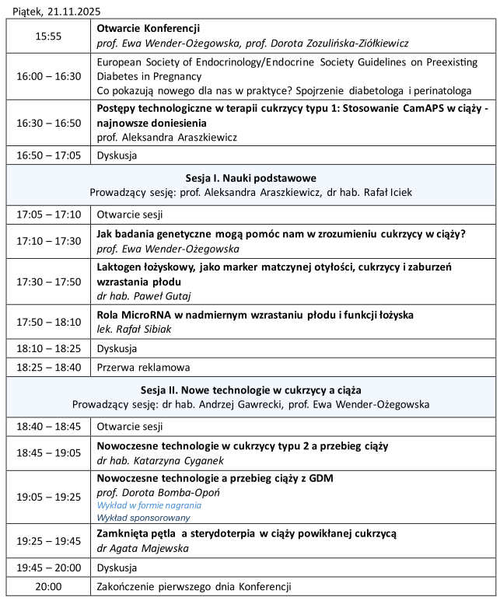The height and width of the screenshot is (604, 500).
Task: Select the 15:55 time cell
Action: [x=48, y=36]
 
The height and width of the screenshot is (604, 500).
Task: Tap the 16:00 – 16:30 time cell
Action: [x=48, y=76]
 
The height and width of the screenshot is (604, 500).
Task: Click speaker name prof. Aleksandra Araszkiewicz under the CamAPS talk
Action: [x=167, y=137]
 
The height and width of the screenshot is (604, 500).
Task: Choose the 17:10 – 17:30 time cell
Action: [x=48, y=241]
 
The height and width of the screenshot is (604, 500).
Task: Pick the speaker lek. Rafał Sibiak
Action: [x=135, y=329]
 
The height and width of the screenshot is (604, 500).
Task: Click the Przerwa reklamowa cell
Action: [x=143, y=367]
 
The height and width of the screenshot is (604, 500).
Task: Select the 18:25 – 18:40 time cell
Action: [x=48, y=367]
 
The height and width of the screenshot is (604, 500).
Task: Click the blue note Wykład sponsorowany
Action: [x=143, y=517]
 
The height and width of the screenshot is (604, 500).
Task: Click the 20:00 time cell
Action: [x=48, y=587]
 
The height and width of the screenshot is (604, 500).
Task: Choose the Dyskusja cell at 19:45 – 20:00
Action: [x=117, y=567]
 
